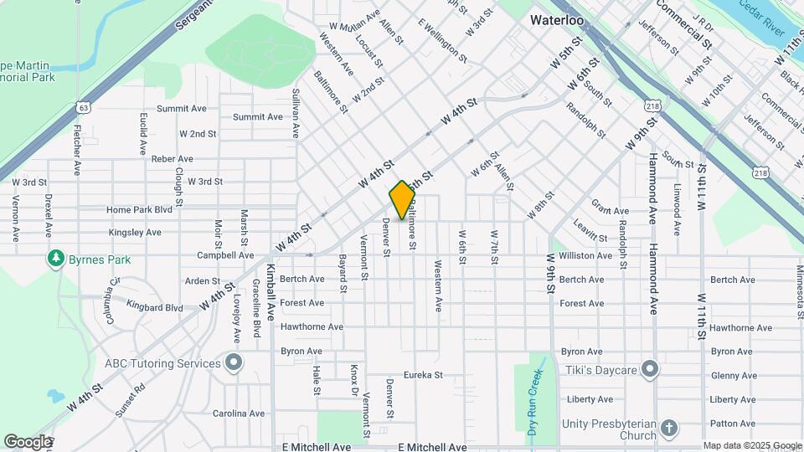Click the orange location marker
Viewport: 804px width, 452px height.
tap(402, 200)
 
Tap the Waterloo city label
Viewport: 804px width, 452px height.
tap(556, 18)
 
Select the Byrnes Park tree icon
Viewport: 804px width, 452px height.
tap(56, 259)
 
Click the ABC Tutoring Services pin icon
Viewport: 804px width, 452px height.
tap(234, 362)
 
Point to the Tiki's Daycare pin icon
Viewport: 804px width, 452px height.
tap(651, 369)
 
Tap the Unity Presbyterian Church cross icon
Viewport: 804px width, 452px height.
tap(668, 429)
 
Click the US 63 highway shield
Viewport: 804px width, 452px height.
tap(81, 106)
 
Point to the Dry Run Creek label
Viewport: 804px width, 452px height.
tap(533, 403)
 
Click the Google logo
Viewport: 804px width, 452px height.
tap(28, 441)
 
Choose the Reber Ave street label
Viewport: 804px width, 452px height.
tap(173, 158)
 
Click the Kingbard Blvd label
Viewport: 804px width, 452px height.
tap(155, 308)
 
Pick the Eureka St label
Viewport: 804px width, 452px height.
tap(422, 376)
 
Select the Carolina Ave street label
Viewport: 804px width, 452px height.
tap(238, 413)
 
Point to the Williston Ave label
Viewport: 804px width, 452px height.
tap(585, 255)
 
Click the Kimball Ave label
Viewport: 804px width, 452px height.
tap(271, 294)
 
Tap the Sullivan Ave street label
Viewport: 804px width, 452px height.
tap(295, 113)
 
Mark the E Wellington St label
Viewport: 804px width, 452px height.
tap(441, 40)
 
